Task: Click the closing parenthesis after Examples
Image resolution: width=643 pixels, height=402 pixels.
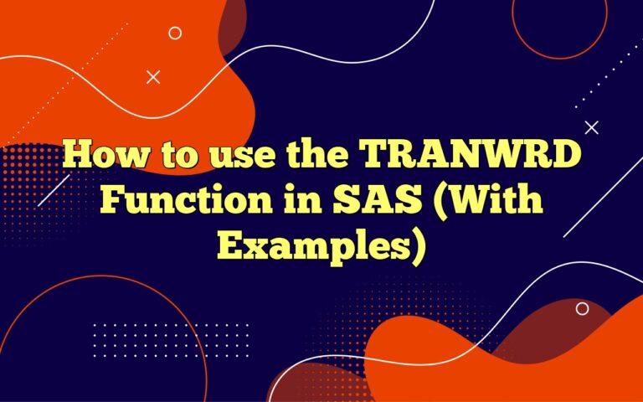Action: [411, 245]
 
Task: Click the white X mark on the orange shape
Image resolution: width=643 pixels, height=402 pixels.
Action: [153, 77]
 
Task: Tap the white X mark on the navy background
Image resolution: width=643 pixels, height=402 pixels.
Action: [591, 127]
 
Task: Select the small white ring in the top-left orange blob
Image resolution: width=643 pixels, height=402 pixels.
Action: [175, 33]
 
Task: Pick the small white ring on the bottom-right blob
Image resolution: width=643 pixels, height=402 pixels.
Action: [582, 308]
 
